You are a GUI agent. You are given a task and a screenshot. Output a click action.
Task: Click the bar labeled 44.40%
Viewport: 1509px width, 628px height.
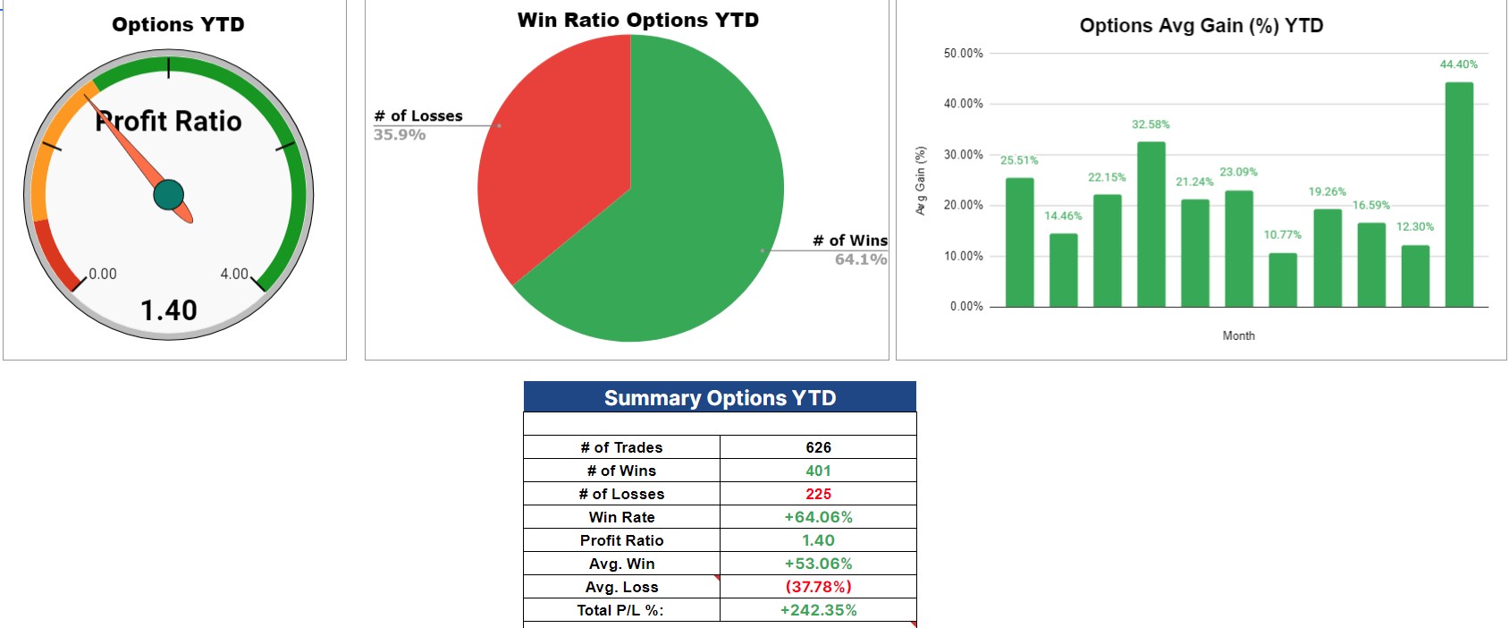(1459, 194)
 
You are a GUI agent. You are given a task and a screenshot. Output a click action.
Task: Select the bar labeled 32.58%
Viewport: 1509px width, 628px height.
(1151, 224)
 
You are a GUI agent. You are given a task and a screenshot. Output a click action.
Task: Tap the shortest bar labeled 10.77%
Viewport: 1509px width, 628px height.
(1283, 279)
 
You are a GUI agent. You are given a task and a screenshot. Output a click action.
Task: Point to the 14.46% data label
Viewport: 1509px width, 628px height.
(1063, 216)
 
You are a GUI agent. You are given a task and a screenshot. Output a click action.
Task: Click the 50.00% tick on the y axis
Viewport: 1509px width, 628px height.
(963, 54)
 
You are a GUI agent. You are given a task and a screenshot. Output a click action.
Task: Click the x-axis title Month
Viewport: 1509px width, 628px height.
(1238, 335)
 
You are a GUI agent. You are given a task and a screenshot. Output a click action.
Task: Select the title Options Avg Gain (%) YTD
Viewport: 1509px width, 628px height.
(1201, 25)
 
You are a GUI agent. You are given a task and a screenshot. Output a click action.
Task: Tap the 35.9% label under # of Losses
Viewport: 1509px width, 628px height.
(400, 135)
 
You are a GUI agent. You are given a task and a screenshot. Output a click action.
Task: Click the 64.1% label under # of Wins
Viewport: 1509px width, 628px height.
(860, 259)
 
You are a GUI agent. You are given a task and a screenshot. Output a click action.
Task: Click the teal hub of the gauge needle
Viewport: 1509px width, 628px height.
(169, 194)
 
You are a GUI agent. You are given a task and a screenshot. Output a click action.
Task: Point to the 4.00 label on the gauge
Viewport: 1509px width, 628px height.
(234, 274)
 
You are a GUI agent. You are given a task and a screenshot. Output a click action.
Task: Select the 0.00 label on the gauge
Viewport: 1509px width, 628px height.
(103, 274)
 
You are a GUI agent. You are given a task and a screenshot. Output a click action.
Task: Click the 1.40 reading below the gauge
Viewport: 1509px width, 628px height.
(169, 310)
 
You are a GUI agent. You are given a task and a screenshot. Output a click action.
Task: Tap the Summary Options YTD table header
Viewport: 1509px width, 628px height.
(720, 397)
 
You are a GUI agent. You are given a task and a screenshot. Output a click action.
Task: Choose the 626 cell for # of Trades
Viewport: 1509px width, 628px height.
(818, 447)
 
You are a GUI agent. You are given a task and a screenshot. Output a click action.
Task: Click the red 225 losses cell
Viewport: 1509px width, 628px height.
(818, 494)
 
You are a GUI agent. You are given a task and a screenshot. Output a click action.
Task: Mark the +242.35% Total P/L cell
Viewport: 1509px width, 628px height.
(818, 610)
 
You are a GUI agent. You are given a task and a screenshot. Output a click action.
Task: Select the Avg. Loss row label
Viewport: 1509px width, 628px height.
(621, 587)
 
